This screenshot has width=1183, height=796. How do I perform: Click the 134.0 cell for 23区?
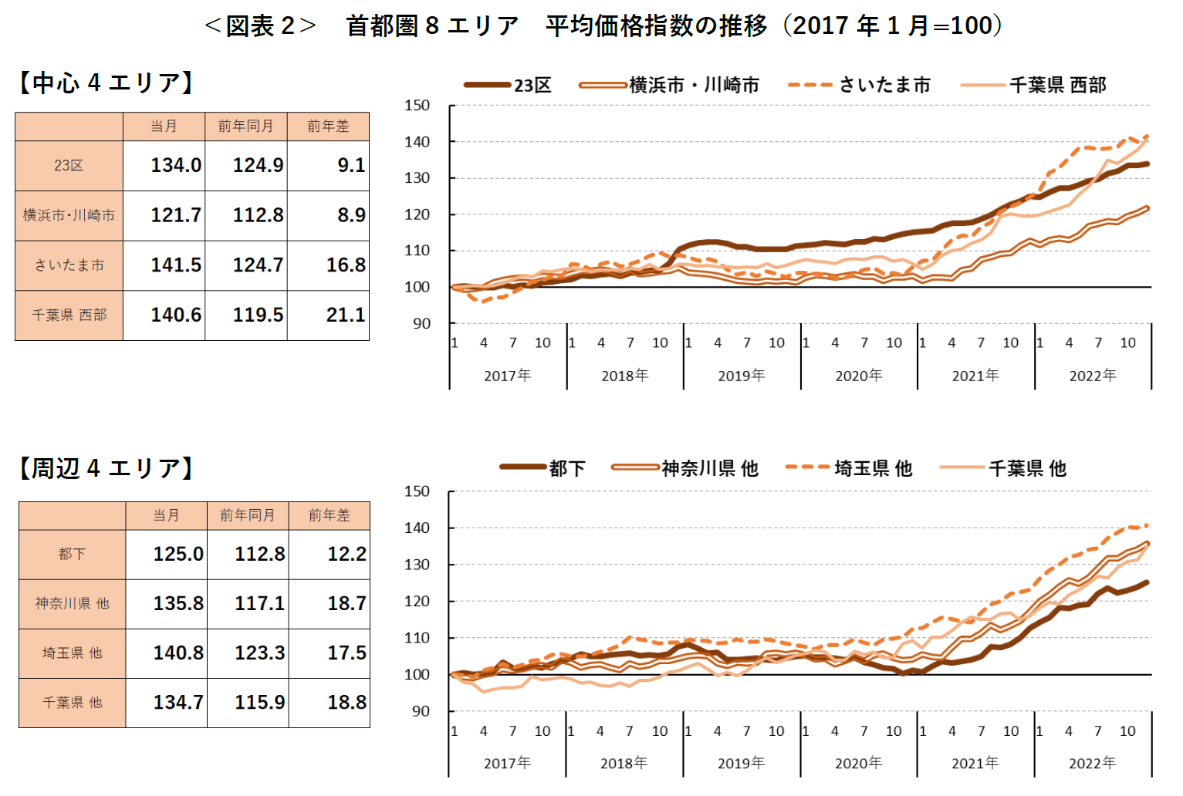175,165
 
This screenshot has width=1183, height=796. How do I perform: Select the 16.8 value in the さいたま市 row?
345,265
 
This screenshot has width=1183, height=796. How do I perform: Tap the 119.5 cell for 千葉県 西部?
258,315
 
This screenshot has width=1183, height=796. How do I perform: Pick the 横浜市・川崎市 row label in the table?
69,215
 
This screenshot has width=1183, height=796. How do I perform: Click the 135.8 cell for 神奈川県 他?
178,603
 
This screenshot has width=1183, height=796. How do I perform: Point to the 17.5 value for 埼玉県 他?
346,653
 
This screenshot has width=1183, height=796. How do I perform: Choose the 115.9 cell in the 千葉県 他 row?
259,702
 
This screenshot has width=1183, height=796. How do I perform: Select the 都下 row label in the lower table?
72,554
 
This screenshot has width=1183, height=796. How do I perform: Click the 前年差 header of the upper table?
328,126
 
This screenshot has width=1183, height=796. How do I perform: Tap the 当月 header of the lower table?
166,514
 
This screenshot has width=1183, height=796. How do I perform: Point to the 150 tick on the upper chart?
417,105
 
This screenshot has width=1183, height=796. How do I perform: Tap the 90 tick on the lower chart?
421,711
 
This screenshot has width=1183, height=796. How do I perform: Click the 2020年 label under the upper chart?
858,376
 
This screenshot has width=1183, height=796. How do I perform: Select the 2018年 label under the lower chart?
624,763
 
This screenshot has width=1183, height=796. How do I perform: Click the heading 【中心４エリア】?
106,83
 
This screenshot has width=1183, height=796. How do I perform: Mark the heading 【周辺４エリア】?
106,468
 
